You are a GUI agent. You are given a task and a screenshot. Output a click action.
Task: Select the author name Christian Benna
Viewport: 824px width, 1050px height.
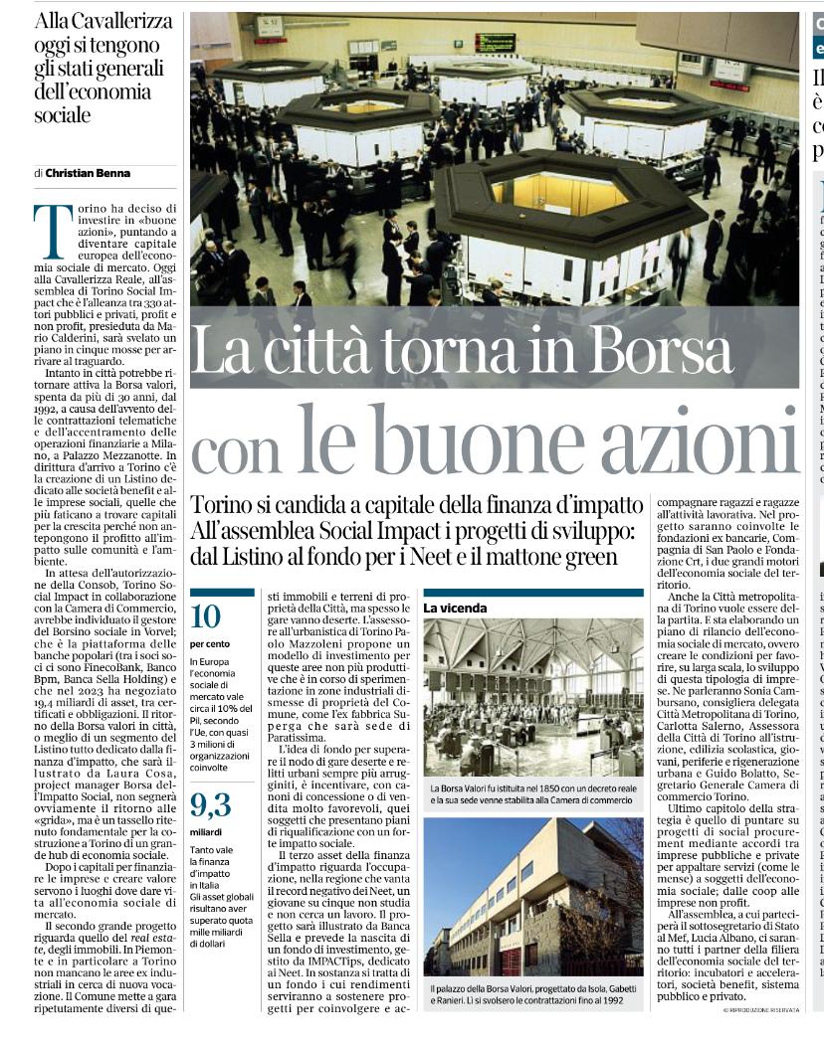[88, 173]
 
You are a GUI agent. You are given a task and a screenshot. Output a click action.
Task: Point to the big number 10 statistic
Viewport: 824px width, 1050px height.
[205, 616]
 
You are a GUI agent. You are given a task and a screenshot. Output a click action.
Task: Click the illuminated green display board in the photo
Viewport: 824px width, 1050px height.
[495, 43]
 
